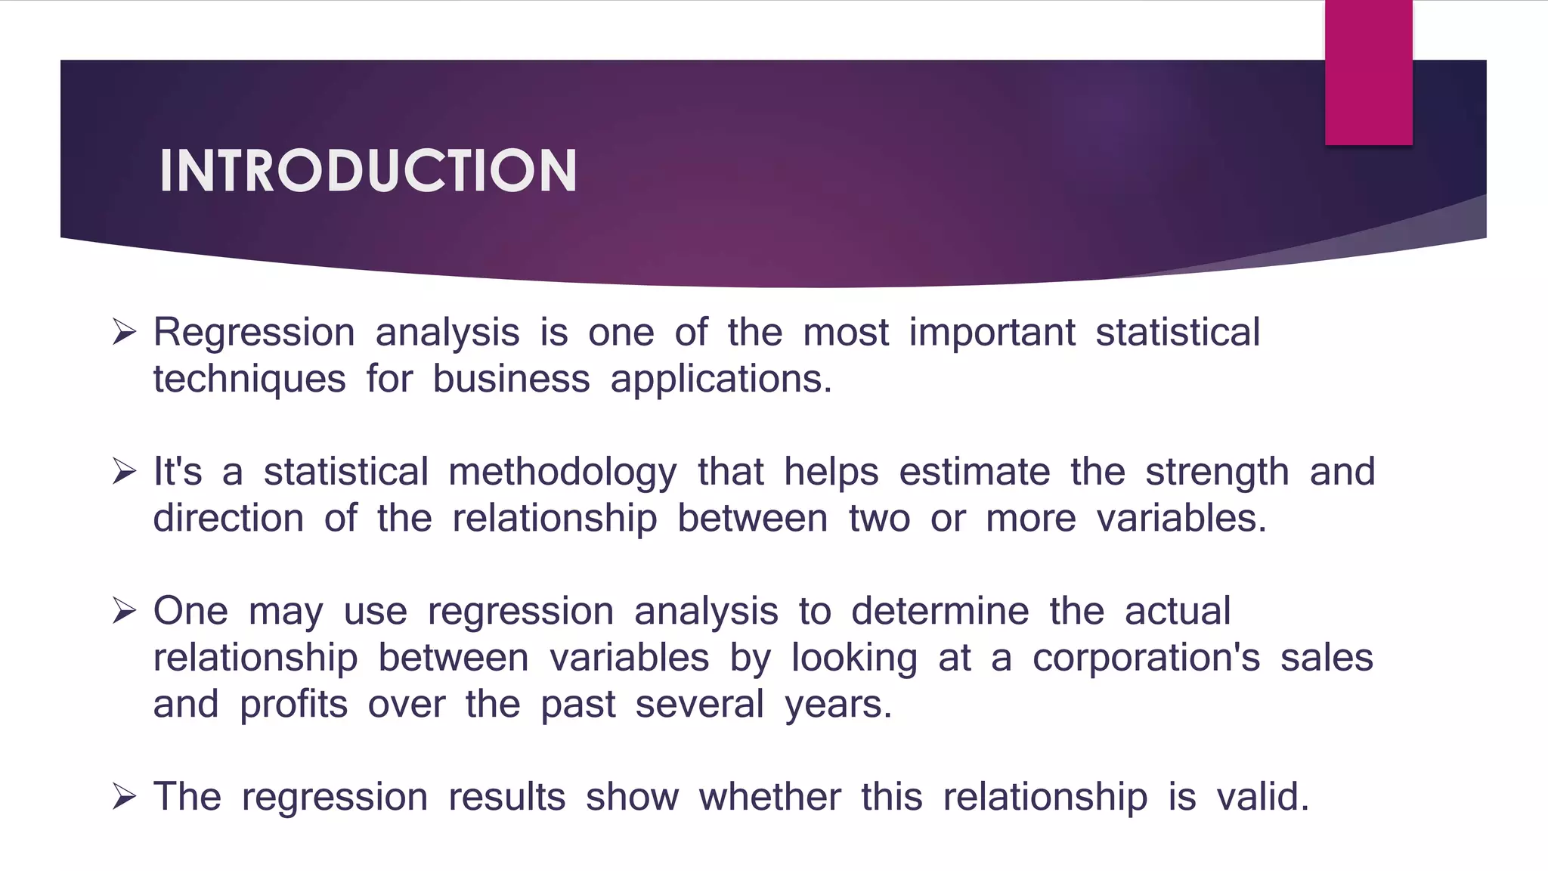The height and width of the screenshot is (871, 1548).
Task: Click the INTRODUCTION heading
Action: point(368,171)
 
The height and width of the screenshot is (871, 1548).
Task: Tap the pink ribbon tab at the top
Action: point(1368,73)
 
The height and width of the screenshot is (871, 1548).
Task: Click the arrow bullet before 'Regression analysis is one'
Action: point(124,332)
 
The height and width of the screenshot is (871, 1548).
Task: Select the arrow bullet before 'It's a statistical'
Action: point(124,472)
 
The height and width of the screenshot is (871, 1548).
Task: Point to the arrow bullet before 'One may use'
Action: point(124,611)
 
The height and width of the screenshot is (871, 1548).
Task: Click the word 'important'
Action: point(992,333)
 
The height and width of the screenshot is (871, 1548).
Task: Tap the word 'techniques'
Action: point(249,380)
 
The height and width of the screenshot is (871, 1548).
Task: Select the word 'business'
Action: point(511,379)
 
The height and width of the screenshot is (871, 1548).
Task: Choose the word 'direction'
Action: point(228,519)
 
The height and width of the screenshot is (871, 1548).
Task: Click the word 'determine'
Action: point(940,611)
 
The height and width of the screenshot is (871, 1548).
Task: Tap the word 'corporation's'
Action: point(1146,659)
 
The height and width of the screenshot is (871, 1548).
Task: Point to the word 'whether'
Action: point(769,797)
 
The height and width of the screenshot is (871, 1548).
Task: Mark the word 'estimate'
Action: point(974,473)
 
